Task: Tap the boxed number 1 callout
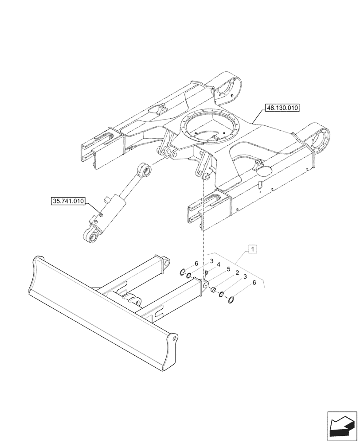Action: coord(252,250)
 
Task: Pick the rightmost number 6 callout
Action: coord(254,282)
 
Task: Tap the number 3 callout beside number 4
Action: coord(212,261)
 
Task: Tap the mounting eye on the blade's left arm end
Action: coord(166,263)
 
